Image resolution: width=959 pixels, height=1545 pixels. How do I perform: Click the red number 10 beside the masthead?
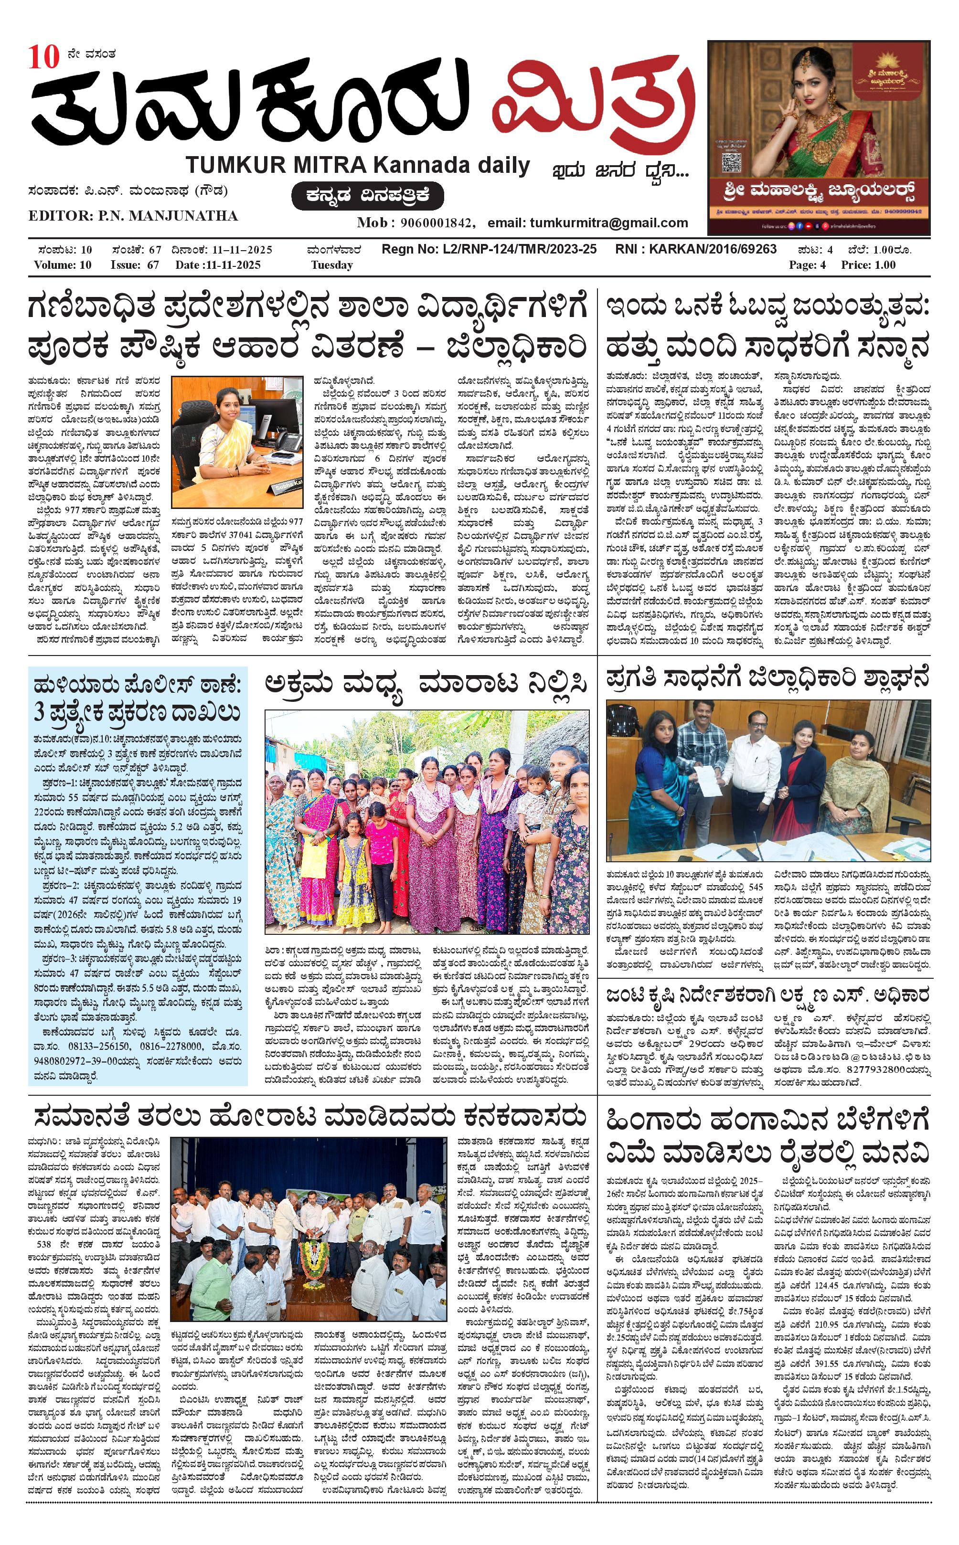click(x=43, y=58)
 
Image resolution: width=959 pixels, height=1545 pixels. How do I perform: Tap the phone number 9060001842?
click(x=434, y=222)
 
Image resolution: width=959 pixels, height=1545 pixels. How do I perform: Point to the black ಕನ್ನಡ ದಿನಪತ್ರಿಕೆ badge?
click(x=367, y=195)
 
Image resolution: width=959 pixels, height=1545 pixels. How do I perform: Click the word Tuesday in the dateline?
click(x=332, y=265)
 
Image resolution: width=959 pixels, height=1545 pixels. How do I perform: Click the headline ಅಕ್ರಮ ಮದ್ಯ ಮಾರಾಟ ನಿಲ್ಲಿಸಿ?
click(x=426, y=685)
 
